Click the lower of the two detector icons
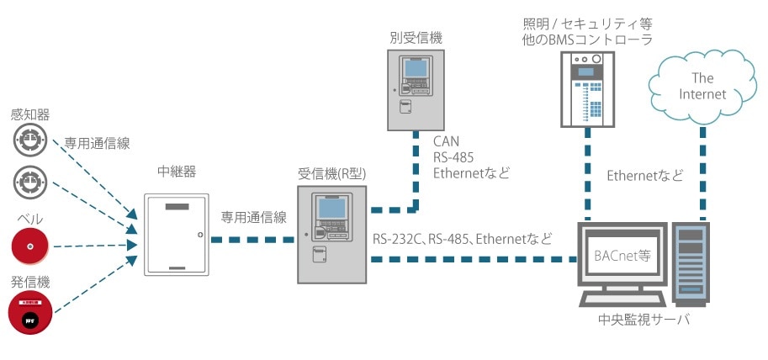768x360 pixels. pos(30,179)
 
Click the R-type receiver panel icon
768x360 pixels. pos(331,235)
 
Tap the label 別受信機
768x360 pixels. pos(416,38)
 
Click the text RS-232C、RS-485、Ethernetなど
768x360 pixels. pos(462,240)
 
